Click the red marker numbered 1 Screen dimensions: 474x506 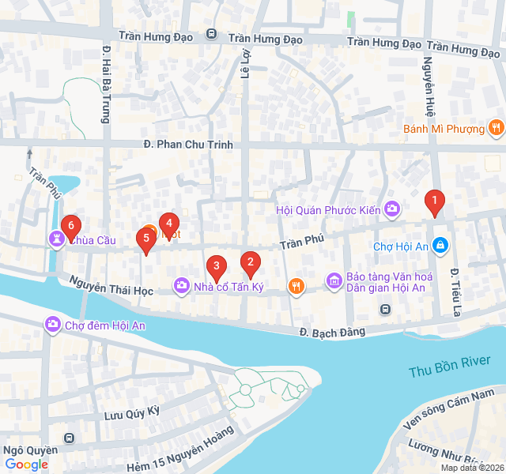click(433, 203)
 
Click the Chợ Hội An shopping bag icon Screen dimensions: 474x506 click(440, 246)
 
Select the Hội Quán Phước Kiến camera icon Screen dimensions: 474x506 click(392, 209)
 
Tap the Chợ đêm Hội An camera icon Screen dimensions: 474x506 click(53, 325)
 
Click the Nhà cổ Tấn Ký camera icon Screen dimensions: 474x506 click(182, 286)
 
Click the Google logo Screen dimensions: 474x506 click(26, 465)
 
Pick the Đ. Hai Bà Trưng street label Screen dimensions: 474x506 click(105, 85)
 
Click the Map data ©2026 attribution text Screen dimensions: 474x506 click(471, 468)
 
